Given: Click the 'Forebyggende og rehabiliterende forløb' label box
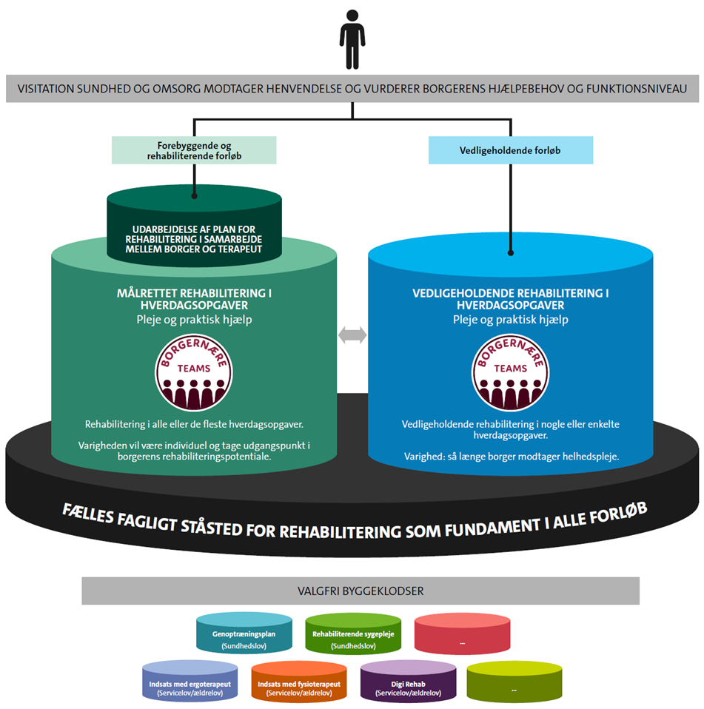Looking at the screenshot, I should click(194, 149).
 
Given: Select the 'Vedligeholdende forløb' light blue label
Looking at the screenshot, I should click(510, 150).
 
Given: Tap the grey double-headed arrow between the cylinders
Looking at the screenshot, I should click(352, 335).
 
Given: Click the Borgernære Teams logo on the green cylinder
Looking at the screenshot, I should click(194, 374).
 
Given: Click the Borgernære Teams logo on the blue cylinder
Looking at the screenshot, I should click(510, 374).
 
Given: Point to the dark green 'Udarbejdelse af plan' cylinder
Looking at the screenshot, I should click(194, 226).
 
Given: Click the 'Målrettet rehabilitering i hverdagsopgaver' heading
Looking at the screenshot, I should click(194, 299).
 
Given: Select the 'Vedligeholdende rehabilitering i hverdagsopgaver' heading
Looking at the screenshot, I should click(510, 299).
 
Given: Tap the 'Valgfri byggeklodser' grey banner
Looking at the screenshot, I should click(360, 591).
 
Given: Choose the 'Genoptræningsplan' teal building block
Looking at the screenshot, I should click(244, 635).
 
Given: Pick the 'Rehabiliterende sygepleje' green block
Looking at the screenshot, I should click(353, 635).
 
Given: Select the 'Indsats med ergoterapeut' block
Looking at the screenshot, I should click(189, 683).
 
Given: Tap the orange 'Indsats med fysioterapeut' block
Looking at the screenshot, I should click(299, 683).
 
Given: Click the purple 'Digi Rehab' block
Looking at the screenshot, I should click(408, 683).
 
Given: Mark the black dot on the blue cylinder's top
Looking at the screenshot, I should click(510, 252).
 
